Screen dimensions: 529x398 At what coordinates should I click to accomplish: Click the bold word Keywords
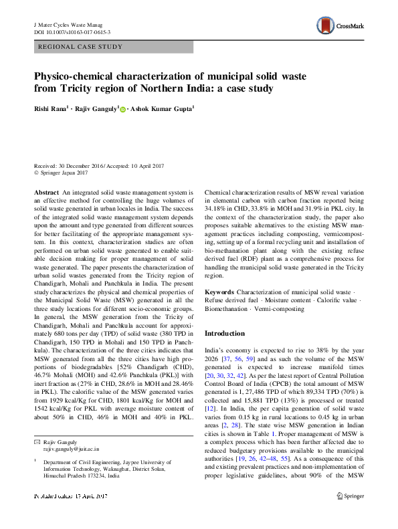[x=219, y=293]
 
